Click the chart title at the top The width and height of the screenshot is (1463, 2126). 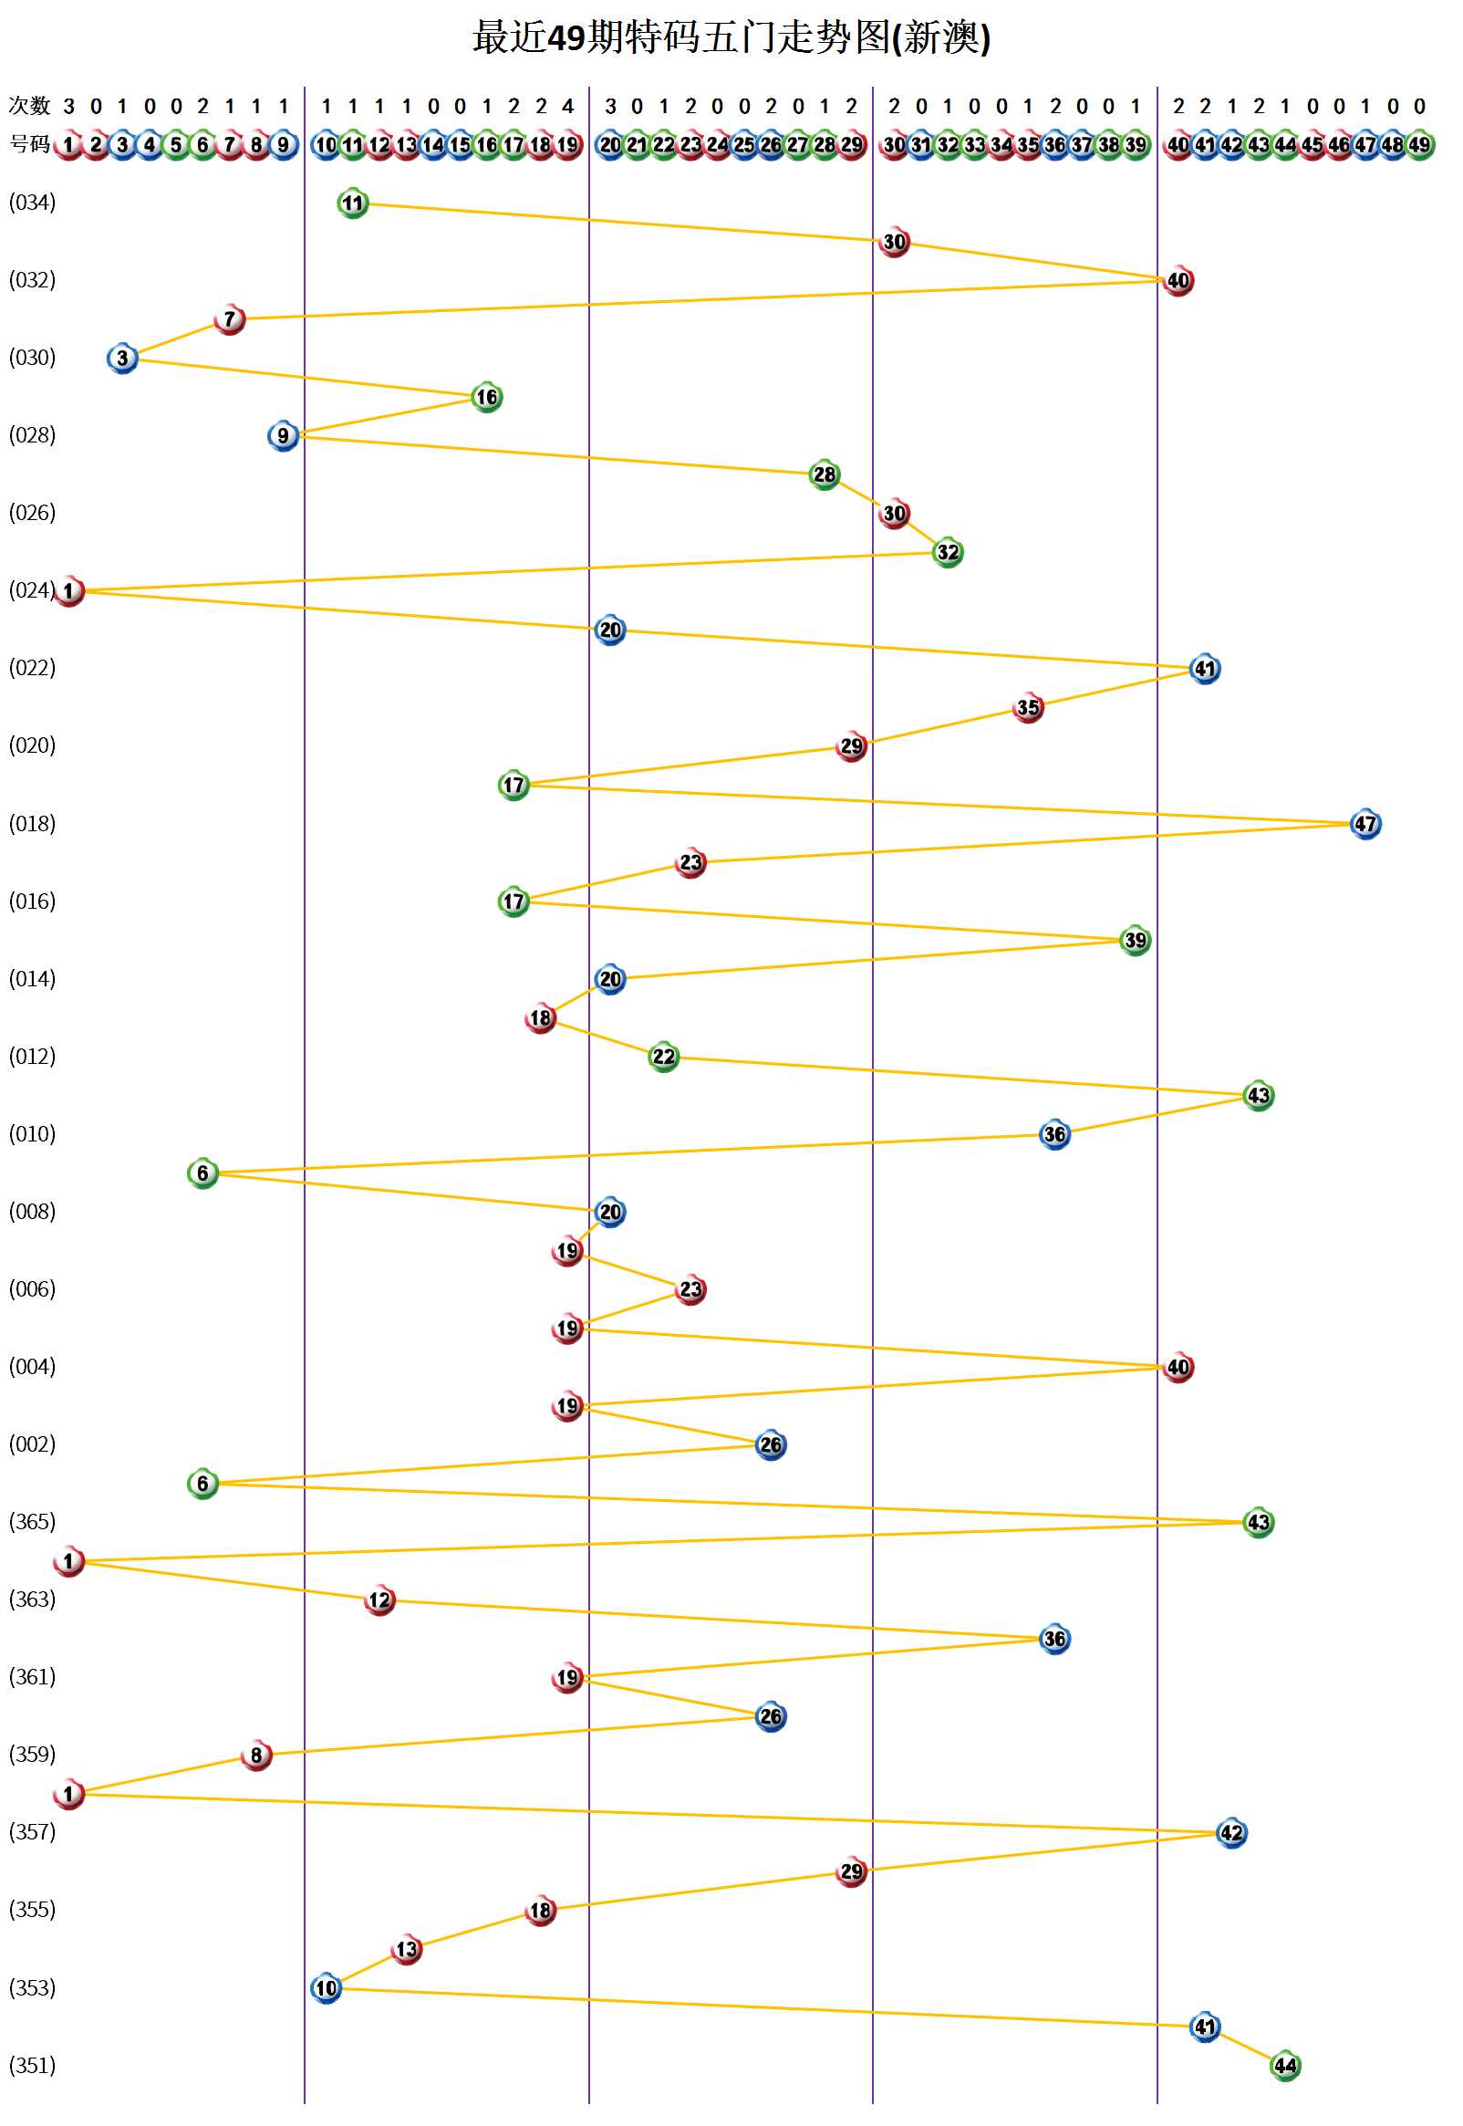point(731,38)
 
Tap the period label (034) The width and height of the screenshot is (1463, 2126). point(32,203)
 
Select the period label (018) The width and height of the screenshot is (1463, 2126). point(32,824)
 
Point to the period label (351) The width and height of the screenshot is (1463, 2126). point(32,2066)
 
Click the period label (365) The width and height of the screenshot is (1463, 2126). point(32,1522)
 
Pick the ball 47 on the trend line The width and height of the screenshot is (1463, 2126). point(1364,824)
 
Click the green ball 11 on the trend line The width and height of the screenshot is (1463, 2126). point(353,203)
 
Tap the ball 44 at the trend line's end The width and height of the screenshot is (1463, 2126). point(1285,2066)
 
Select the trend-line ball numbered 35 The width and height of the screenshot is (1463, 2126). point(1028,708)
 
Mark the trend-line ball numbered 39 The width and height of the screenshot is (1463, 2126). point(1135,941)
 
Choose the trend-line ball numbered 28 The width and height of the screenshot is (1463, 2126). point(825,474)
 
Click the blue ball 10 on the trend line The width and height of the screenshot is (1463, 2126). point(327,1988)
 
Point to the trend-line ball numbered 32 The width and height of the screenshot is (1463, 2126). point(947,553)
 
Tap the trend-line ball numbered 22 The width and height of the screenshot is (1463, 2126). point(663,1057)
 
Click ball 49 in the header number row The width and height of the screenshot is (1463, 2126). point(1419,145)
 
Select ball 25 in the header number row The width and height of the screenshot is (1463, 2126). point(743,145)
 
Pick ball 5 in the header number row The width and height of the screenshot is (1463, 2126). point(176,145)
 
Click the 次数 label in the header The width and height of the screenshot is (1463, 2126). point(29,107)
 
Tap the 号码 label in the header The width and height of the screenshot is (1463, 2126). point(29,145)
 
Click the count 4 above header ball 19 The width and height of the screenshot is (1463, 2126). point(567,107)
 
